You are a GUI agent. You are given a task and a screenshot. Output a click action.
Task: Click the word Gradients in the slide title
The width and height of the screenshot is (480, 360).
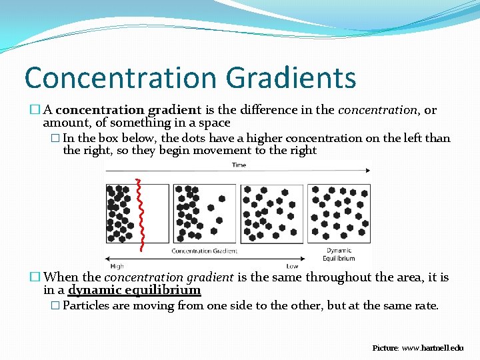click(x=291, y=78)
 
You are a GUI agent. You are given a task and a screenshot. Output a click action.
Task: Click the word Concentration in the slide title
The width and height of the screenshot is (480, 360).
click(x=121, y=78)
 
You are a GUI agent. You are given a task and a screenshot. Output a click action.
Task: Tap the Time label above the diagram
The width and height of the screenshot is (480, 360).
click(x=239, y=165)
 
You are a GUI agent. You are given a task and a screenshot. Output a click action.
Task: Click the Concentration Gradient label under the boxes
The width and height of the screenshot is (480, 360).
click(x=204, y=251)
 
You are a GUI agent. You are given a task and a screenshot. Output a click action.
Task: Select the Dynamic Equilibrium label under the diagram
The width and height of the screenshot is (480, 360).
click(x=339, y=255)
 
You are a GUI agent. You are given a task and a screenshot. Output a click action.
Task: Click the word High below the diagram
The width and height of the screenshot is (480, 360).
click(x=117, y=266)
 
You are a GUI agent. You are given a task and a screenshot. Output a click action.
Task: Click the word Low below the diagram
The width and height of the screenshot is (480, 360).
click(x=292, y=266)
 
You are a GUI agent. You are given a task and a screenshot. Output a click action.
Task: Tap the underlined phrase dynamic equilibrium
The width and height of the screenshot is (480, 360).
click(x=134, y=290)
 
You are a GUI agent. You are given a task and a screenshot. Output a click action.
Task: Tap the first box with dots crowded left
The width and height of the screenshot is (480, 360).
click(x=137, y=213)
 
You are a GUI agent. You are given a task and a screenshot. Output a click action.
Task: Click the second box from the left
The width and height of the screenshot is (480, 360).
click(x=204, y=213)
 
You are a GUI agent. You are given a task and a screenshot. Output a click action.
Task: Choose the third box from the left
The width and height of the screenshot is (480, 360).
click(x=271, y=213)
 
